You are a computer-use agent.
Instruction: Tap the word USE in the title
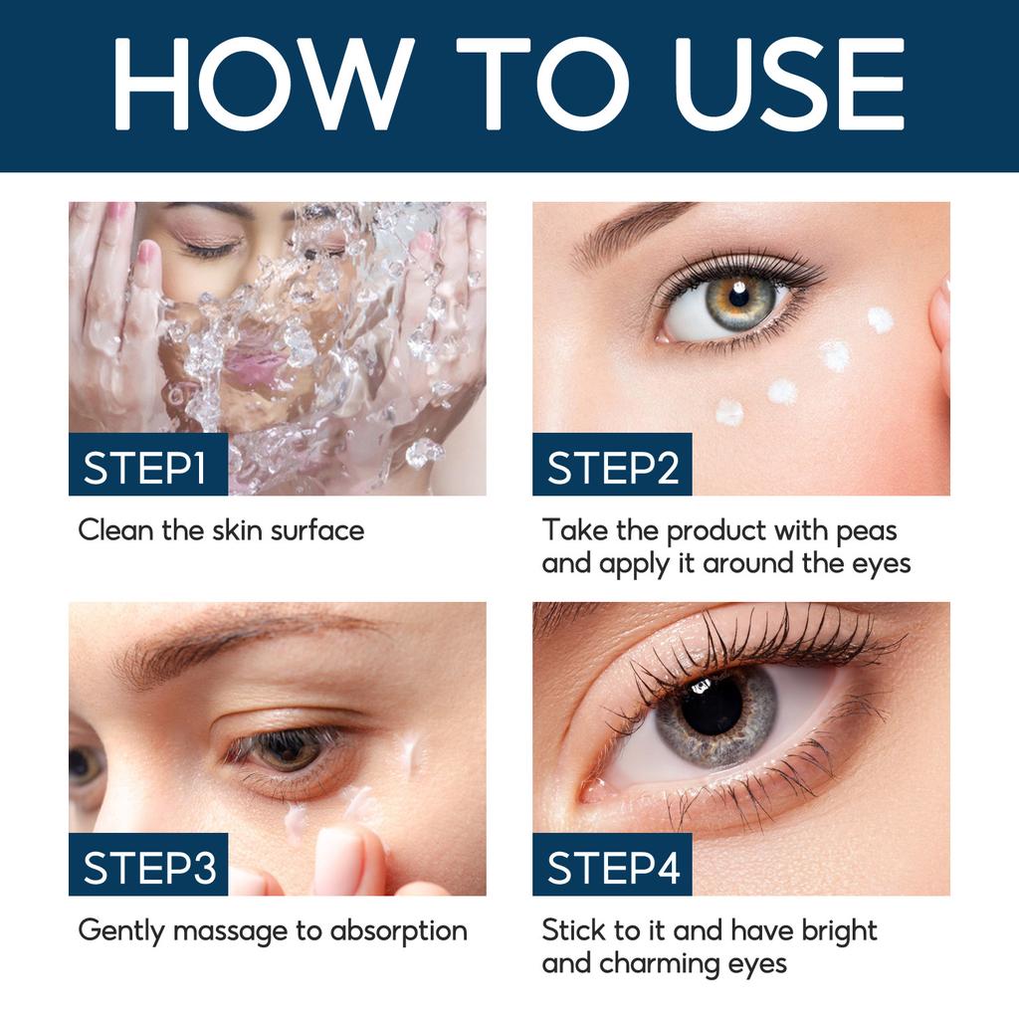click(x=790, y=84)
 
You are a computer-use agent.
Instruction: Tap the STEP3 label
click(x=149, y=868)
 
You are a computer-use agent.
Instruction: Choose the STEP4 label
click(x=613, y=868)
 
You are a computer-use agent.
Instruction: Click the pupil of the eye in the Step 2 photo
click(x=738, y=295)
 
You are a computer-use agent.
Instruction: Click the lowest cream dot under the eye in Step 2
click(x=729, y=411)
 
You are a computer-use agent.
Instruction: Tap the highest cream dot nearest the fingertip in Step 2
click(x=880, y=319)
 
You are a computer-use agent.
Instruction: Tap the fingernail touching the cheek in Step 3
click(x=338, y=856)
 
